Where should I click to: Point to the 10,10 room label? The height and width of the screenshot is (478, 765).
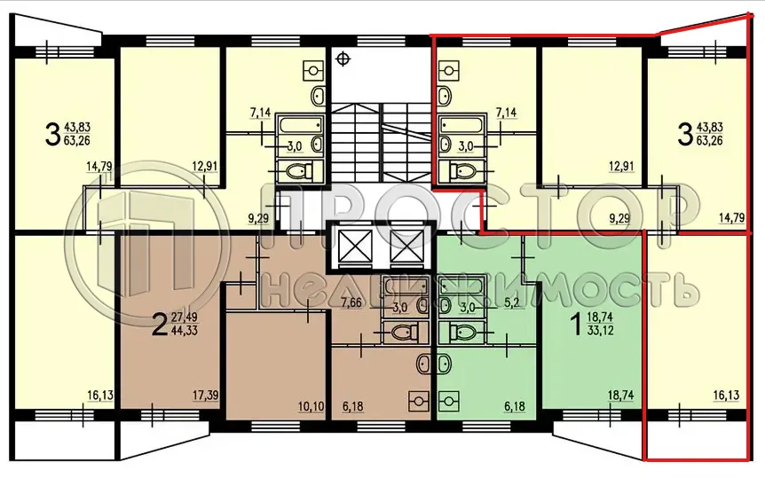click(x=310, y=407)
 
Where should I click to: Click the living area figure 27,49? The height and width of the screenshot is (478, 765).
click(x=185, y=317)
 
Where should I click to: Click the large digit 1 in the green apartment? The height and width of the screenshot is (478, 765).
click(x=574, y=325)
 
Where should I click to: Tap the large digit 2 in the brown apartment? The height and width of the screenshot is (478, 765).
click(x=160, y=325)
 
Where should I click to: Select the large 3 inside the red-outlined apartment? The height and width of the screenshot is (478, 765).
click(x=684, y=134)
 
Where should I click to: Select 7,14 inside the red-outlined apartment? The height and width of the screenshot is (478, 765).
click(x=506, y=113)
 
